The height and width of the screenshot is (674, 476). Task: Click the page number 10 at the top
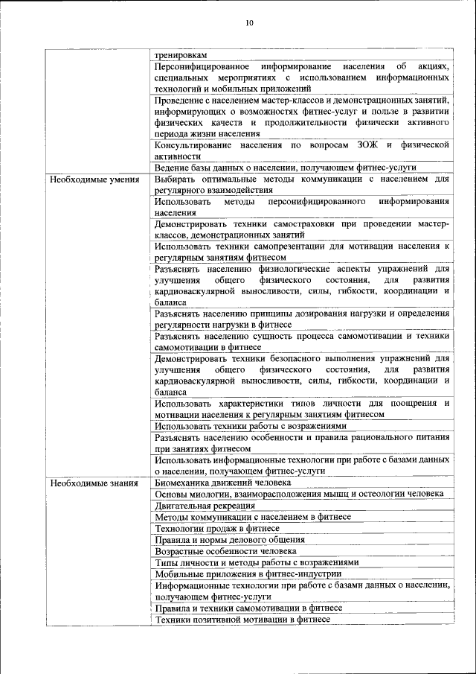tap(249, 23)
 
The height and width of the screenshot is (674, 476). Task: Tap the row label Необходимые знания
tap(84, 483)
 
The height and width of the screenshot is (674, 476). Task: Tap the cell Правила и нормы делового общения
tap(229, 539)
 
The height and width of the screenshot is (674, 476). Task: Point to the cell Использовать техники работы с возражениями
tap(251, 426)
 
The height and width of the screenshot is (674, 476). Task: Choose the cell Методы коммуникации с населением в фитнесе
tap(253, 517)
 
